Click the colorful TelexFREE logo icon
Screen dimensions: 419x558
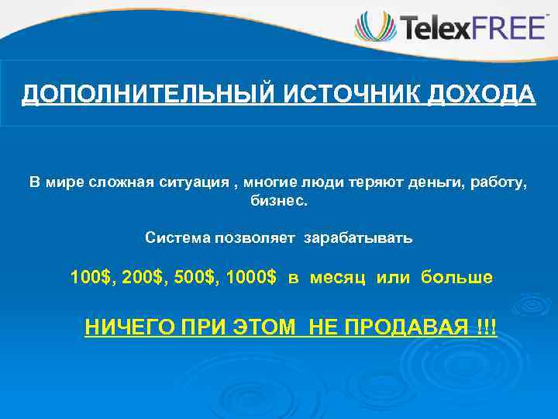376,28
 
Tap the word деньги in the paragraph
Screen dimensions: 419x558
412,182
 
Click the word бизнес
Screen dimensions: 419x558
278,201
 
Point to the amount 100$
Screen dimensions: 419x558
91,278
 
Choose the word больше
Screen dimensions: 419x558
456,278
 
